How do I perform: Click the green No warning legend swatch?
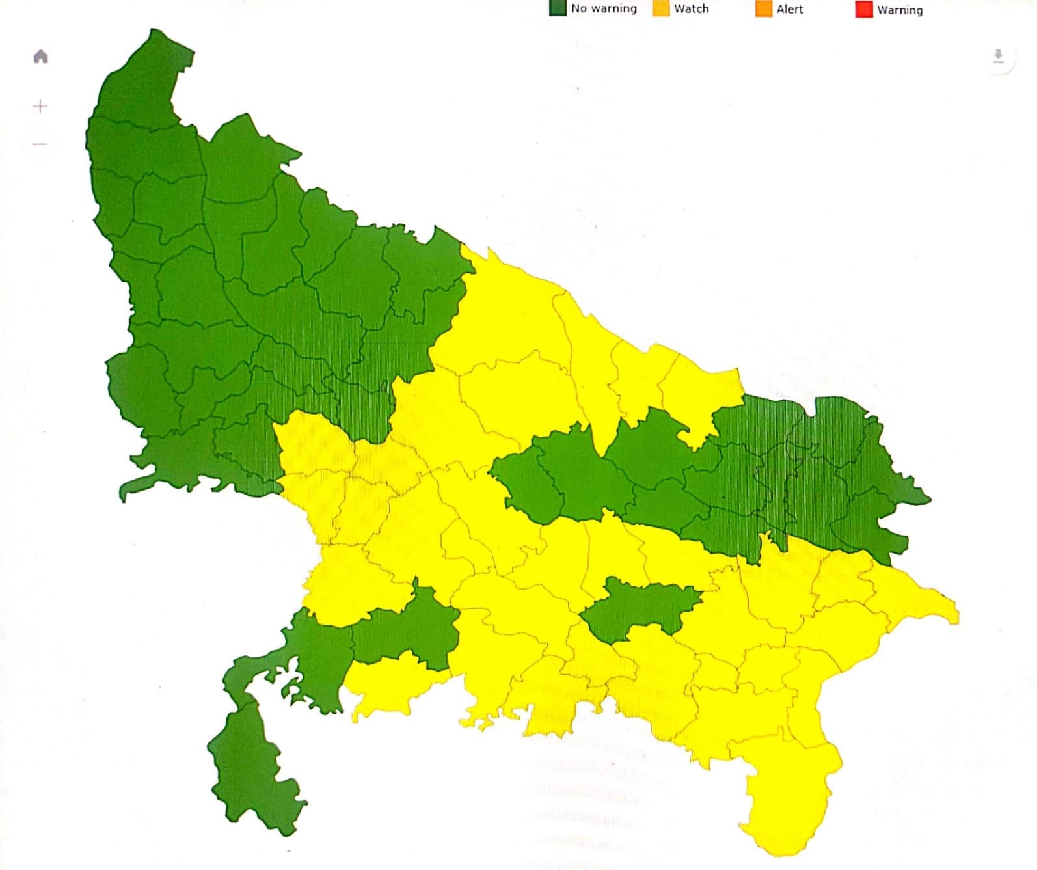pyautogui.click(x=558, y=8)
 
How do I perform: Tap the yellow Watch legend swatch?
pyautogui.click(x=661, y=8)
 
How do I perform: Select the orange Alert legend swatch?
pyautogui.click(x=763, y=9)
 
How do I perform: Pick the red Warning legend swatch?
pyautogui.click(x=864, y=10)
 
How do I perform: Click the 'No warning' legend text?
pyautogui.click(x=604, y=8)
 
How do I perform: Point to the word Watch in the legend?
pyautogui.click(x=692, y=9)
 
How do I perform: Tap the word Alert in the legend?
pyautogui.click(x=790, y=10)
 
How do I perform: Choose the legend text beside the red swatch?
pyautogui.click(x=900, y=10)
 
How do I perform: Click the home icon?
pyautogui.click(x=40, y=57)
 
